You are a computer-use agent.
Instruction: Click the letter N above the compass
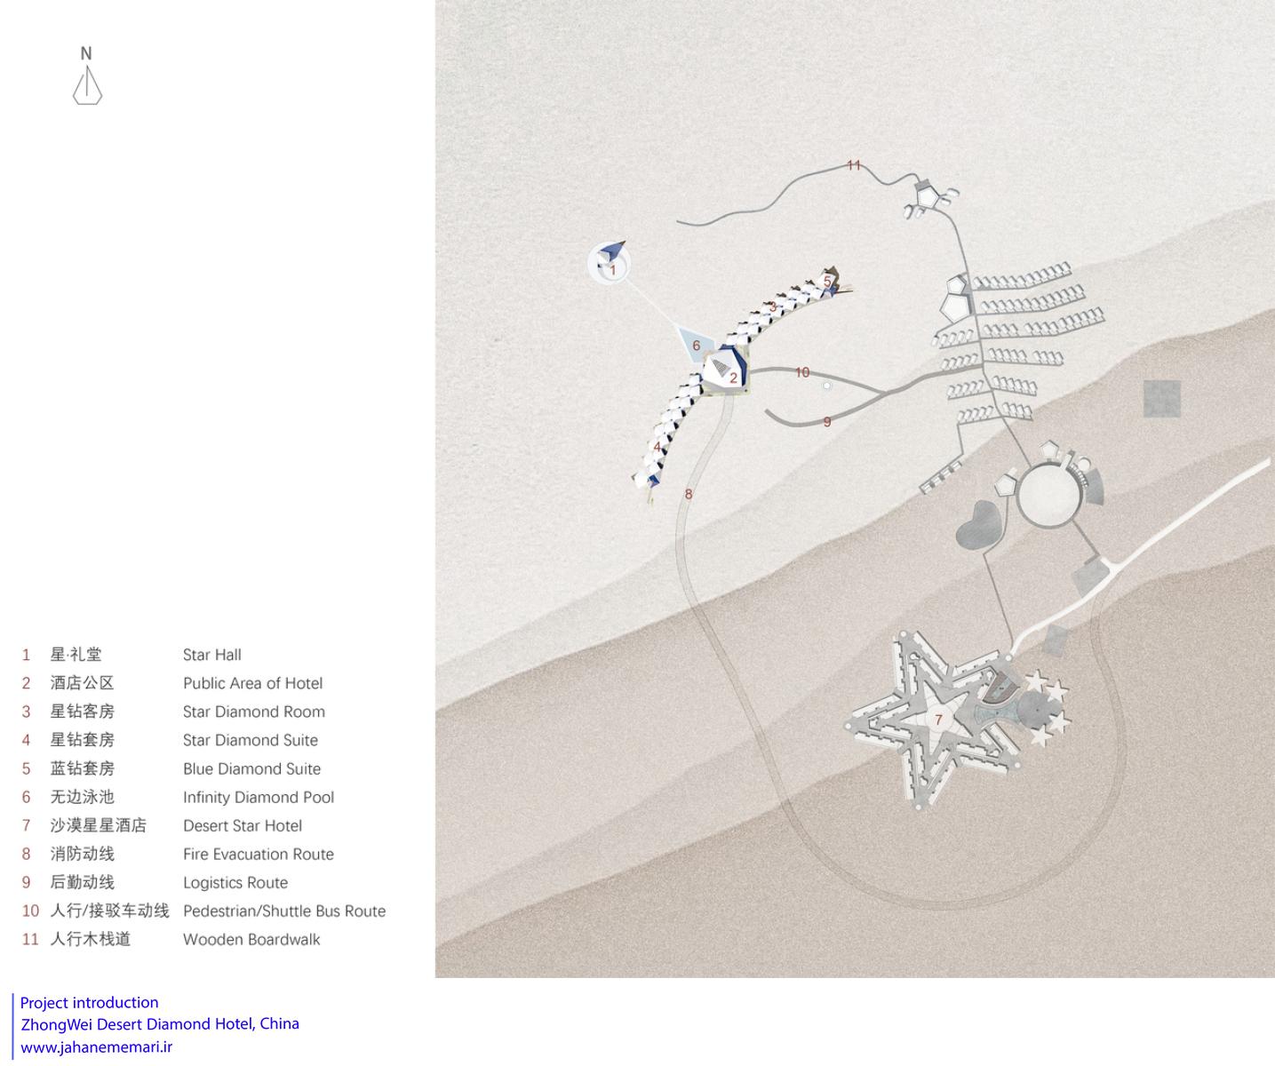click(86, 53)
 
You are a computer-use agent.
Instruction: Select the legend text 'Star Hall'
click(211, 655)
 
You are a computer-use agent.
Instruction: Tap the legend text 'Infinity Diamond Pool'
click(259, 797)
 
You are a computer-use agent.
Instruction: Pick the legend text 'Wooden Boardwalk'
click(251, 939)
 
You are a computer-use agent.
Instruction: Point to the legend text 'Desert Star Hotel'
click(243, 825)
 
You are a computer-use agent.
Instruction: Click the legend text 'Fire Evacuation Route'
click(259, 854)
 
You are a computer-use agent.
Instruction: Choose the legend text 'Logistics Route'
click(235, 882)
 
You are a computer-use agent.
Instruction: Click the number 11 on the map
click(854, 165)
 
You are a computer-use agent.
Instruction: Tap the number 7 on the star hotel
click(938, 720)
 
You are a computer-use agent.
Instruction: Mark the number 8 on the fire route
click(689, 494)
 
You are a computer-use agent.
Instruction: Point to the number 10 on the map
click(802, 372)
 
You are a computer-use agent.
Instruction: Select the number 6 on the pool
click(696, 346)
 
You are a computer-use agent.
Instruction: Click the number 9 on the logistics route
click(827, 422)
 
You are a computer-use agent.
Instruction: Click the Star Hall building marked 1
click(610, 263)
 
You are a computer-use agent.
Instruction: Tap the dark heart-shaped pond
click(979, 524)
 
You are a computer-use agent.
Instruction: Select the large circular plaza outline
click(1018, 496)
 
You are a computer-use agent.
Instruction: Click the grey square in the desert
click(1161, 399)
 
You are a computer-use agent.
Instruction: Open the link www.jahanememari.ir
click(97, 1047)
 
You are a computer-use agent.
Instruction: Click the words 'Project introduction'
click(89, 1003)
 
